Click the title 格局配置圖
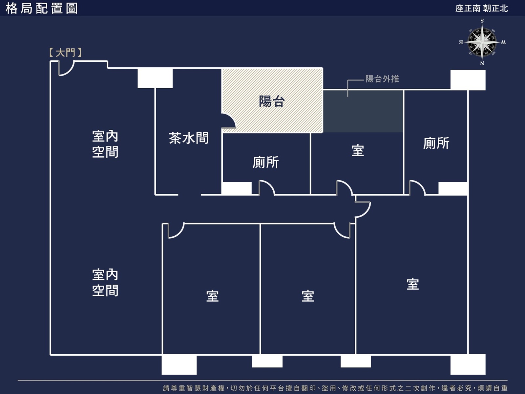pyautogui.click(x=42, y=9)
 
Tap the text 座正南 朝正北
pyautogui.click(x=481, y=9)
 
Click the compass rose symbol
pyautogui.click(x=482, y=42)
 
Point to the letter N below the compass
pyautogui.click(x=482, y=63)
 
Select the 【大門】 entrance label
pyautogui.click(x=65, y=53)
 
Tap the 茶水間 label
pyautogui.click(x=189, y=138)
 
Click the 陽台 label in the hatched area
pyautogui.click(x=272, y=101)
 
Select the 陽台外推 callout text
pyautogui.click(x=382, y=79)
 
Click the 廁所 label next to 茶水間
pyautogui.click(x=266, y=163)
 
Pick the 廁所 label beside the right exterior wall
pyautogui.click(x=436, y=143)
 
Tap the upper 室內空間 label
pyautogui.click(x=105, y=144)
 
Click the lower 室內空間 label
pyautogui.click(x=105, y=282)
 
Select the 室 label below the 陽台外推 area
pyautogui.click(x=358, y=150)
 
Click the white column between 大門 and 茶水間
pyautogui.click(x=155, y=78)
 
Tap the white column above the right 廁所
pyautogui.click(x=468, y=80)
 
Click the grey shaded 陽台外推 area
pyautogui.click(x=363, y=111)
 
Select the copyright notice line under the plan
pyautogui.click(x=335, y=388)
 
